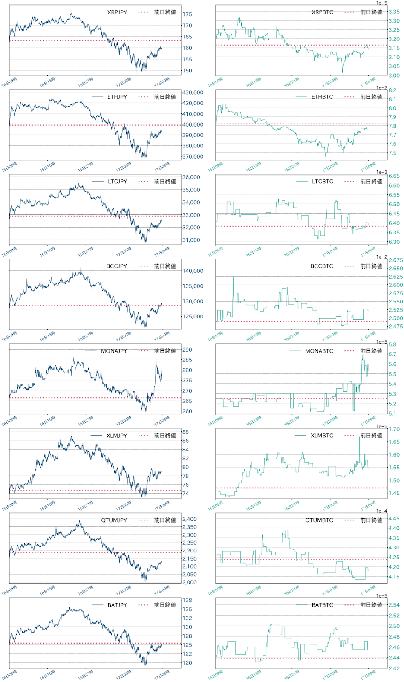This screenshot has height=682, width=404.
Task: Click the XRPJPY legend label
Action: [117, 12]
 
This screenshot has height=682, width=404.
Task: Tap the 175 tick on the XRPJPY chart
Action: [187, 14]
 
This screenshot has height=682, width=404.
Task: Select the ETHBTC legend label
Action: [322, 97]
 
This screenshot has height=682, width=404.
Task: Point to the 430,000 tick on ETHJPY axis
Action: [193, 92]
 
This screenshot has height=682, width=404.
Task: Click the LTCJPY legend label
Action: [117, 182]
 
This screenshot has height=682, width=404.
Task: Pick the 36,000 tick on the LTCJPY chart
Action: [191, 177]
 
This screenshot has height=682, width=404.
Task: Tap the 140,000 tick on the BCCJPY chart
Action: [193, 271]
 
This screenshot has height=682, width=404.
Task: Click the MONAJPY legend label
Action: [114, 351]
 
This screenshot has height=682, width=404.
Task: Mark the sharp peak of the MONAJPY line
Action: [156, 356]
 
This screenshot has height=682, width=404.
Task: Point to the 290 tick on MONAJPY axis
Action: [187, 350]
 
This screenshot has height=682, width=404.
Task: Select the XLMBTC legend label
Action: [322, 436]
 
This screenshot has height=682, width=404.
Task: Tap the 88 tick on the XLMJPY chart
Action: [185, 432]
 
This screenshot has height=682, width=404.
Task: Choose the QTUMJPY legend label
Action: [114, 520]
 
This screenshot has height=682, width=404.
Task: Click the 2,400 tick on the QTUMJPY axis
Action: [189, 519]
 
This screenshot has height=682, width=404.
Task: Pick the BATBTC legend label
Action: [322, 605]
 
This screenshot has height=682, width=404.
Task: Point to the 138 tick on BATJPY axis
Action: [187, 600]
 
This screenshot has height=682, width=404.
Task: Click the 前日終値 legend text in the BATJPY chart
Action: [165, 605]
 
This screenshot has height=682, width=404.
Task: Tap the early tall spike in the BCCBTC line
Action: [233, 277]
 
